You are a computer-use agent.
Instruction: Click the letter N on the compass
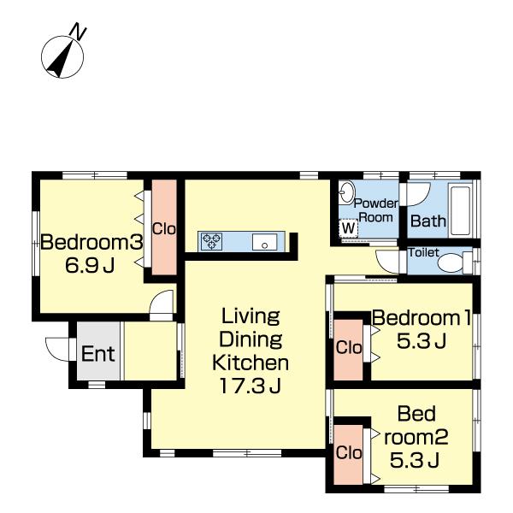[x=79, y=31]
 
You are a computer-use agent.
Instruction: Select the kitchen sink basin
[x=265, y=242]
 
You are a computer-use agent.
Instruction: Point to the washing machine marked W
[x=349, y=228]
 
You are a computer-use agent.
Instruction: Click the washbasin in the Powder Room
[x=346, y=192]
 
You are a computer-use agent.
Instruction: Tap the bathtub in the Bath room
[x=461, y=210]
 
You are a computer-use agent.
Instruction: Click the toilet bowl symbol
[x=453, y=262]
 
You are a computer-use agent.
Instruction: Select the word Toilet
[x=423, y=252]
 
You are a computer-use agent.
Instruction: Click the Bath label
[x=428, y=221]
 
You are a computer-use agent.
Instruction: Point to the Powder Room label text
[x=376, y=210]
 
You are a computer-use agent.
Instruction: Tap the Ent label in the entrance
[x=97, y=354]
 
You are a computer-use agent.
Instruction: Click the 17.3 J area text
[x=251, y=386]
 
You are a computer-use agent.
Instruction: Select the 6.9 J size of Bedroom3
[x=90, y=265]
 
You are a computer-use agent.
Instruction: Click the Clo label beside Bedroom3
[x=164, y=228]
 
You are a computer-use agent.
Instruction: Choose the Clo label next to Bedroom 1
[x=349, y=347]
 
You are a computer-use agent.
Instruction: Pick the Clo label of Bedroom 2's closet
[x=349, y=453]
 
